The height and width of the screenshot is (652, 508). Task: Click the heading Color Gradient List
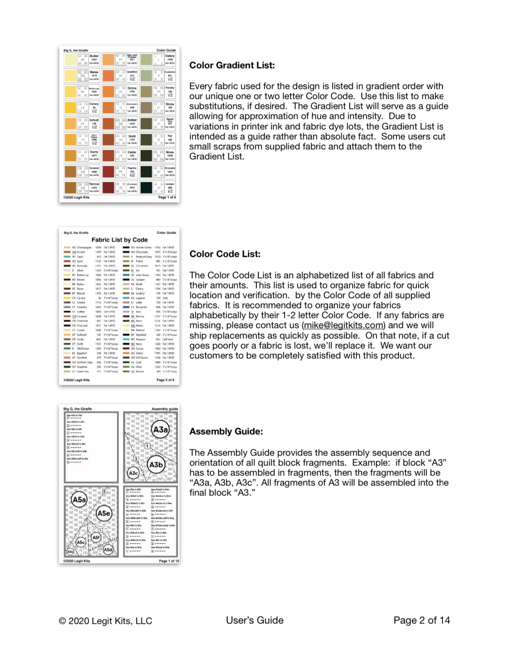232,66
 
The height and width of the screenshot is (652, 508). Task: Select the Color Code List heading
225,254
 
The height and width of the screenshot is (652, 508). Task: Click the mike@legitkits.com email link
343,325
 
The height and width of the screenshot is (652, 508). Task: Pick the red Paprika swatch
108,171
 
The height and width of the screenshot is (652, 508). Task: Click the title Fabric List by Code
119,240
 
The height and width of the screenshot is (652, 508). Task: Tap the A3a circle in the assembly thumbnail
160,430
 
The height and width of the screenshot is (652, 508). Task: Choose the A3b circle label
156,465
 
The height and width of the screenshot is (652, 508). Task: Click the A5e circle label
104,513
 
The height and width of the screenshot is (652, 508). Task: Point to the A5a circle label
79,500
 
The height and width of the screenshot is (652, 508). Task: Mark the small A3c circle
133,473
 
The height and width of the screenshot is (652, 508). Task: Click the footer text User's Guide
255,620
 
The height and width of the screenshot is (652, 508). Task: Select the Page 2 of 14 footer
421,620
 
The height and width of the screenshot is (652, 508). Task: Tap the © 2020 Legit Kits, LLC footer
105,621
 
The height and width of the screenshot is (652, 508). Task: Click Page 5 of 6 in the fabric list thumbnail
165,380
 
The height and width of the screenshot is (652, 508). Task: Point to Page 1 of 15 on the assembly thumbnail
169,561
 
